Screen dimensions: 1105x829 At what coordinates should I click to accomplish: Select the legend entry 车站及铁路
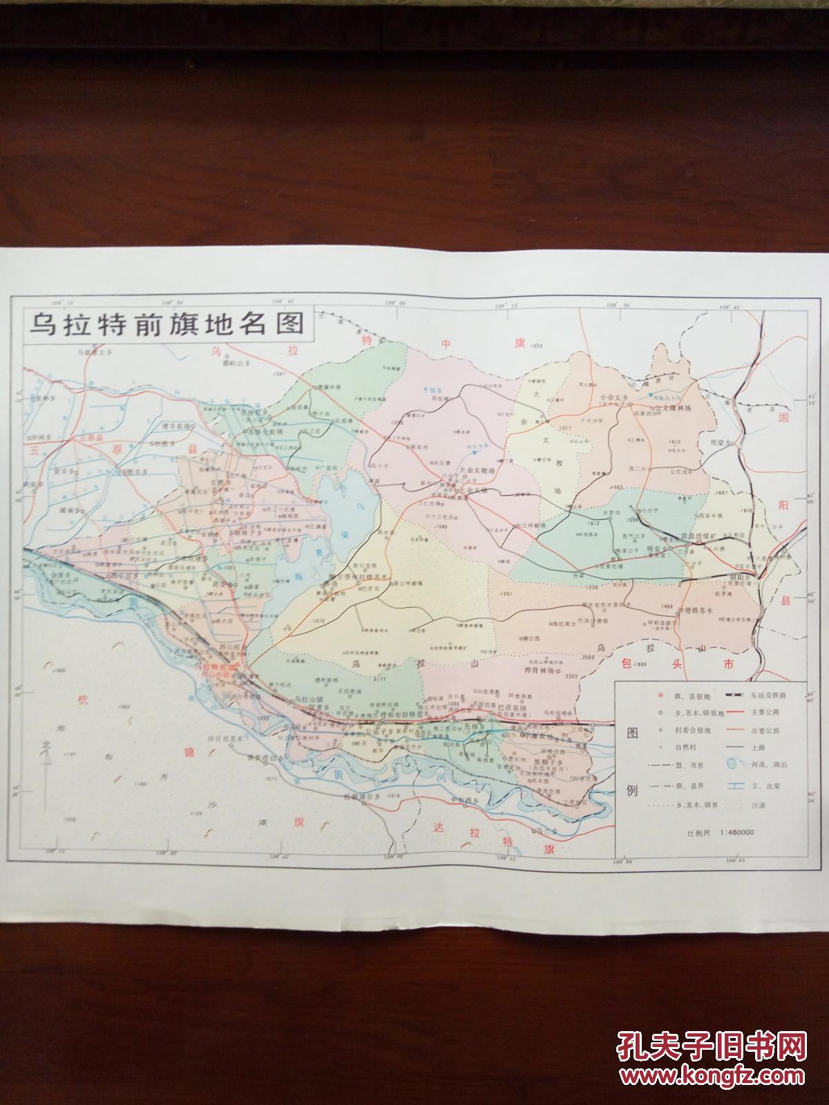coord(767,693)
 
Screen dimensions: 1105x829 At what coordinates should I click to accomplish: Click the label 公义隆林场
coord(668,408)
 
